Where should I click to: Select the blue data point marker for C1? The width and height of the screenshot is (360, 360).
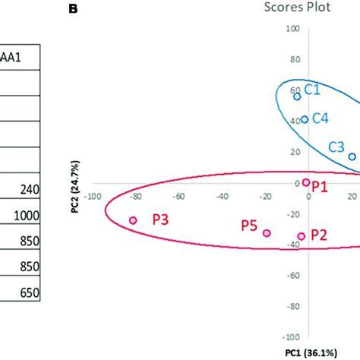(x=297, y=96)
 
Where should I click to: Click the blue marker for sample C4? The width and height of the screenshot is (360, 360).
(x=305, y=119)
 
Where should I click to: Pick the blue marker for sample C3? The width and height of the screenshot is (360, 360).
(x=352, y=156)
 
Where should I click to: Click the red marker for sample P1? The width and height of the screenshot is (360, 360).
(x=306, y=182)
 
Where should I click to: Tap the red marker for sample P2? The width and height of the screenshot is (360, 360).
(x=302, y=236)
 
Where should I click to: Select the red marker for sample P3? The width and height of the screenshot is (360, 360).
(x=133, y=220)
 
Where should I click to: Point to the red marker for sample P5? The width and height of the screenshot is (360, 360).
(x=267, y=233)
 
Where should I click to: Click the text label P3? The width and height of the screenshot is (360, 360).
(x=160, y=219)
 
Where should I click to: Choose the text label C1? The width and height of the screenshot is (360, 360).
(x=313, y=90)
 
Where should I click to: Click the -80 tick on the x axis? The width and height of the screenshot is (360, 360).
(x=136, y=195)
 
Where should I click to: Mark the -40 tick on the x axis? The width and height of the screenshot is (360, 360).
(x=223, y=195)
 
